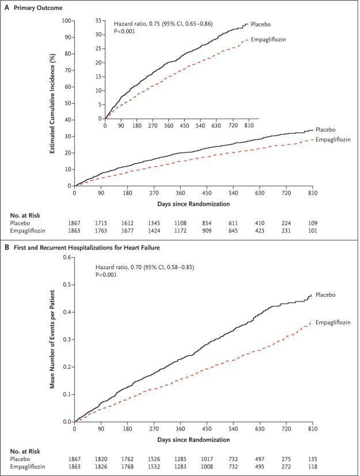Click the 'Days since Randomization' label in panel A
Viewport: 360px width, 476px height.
coord(193,204)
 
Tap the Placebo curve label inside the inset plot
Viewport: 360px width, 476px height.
coord(262,25)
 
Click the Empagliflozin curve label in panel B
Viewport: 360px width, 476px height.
coord(332,323)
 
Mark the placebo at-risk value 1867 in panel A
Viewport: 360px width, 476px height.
coord(75,222)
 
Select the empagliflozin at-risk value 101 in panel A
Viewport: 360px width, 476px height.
coord(312,230)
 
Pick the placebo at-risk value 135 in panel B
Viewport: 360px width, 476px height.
coord(312,459)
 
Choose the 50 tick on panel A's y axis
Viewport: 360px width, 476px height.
coord(67,103)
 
